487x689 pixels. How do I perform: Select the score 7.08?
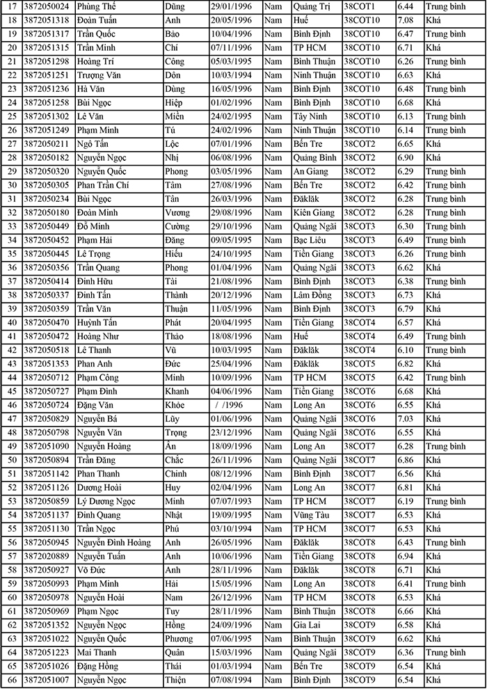tap(406, 19)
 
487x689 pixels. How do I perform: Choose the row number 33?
tap(11, 226)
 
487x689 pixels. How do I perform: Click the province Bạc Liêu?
tap(311, 239)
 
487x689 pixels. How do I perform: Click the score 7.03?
tap(406, 418)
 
